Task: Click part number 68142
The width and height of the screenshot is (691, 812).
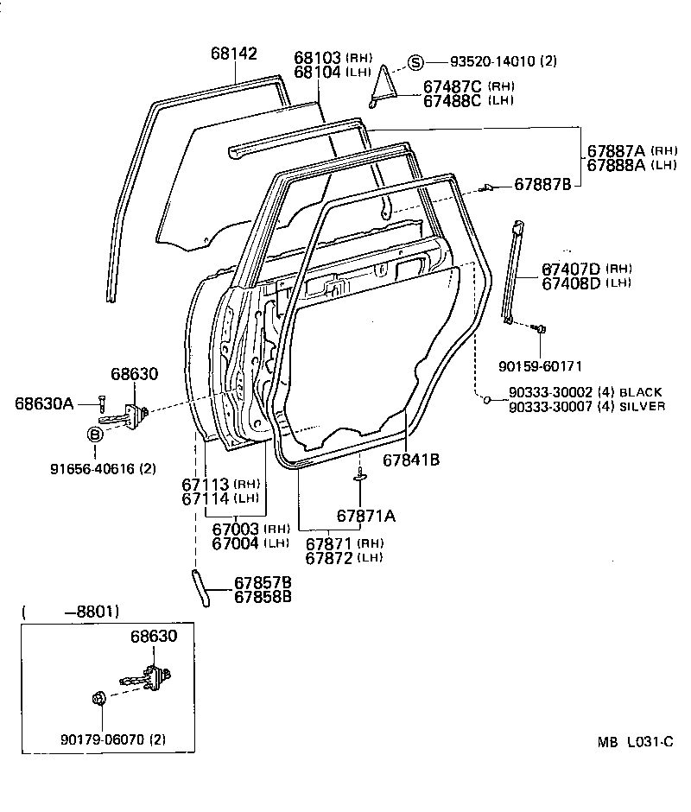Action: tap(233, 54)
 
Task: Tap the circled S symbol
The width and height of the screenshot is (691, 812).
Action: tap(415, 61)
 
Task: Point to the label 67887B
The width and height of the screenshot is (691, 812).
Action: tap(542, 184)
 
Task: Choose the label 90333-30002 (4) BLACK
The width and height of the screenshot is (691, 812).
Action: tap(586, 392)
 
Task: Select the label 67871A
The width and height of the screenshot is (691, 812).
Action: tap(365, 516)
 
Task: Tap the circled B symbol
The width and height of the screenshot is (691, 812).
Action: tap(96, 433)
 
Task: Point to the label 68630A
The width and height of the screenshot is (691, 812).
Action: tap(44, 403)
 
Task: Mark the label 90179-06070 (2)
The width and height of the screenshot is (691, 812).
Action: tap(112, 739)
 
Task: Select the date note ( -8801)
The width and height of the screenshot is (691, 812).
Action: tap(70, 612)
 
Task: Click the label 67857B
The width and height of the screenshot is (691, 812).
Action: tap(263, 581)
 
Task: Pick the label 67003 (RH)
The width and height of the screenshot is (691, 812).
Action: tap(250, 529)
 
